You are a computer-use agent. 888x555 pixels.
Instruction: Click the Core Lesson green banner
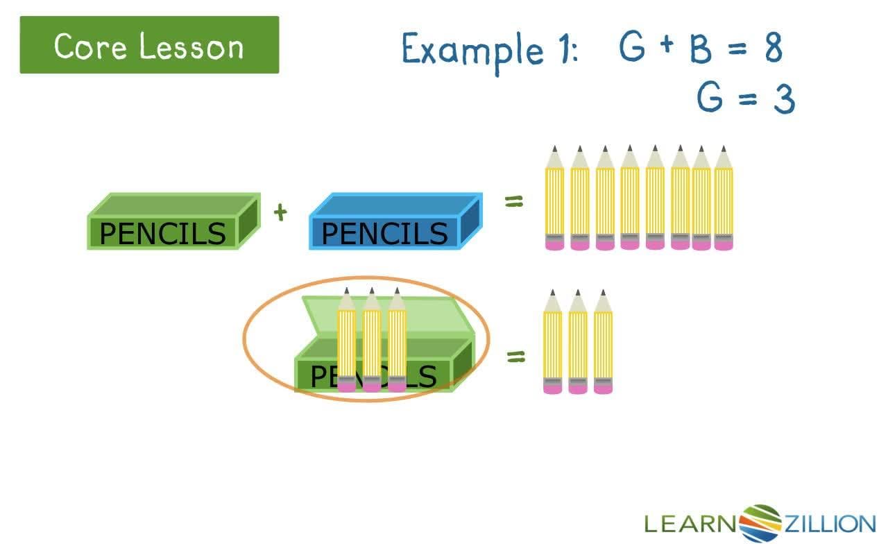tap(149, 45)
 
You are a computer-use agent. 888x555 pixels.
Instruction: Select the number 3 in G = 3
tap(783, 99)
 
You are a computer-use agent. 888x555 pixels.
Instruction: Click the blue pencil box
tap(393, 222)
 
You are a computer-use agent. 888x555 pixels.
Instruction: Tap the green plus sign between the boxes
tap(280, 212)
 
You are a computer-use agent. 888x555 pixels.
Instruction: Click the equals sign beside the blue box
tap(513, 203)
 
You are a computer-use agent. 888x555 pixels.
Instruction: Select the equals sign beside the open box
tap(515, 357)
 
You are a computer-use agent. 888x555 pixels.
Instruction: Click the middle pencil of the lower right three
tap(578, 343)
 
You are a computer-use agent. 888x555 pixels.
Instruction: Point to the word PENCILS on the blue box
tap(384, 234)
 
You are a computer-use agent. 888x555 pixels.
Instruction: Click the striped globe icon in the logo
tap(761, 522)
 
